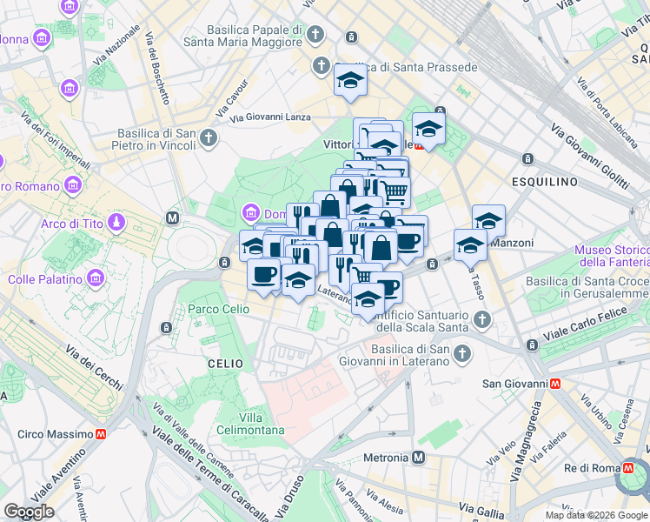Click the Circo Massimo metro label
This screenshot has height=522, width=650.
[56, 434]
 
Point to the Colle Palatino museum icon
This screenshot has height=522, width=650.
[96, 279]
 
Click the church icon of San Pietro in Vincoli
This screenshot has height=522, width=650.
[208, 138]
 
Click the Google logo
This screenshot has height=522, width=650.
[29, 512]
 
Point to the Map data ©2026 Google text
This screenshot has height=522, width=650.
[596, 515]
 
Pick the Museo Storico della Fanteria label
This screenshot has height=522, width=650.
[612, 257]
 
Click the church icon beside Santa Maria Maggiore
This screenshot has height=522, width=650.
[315, 36]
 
